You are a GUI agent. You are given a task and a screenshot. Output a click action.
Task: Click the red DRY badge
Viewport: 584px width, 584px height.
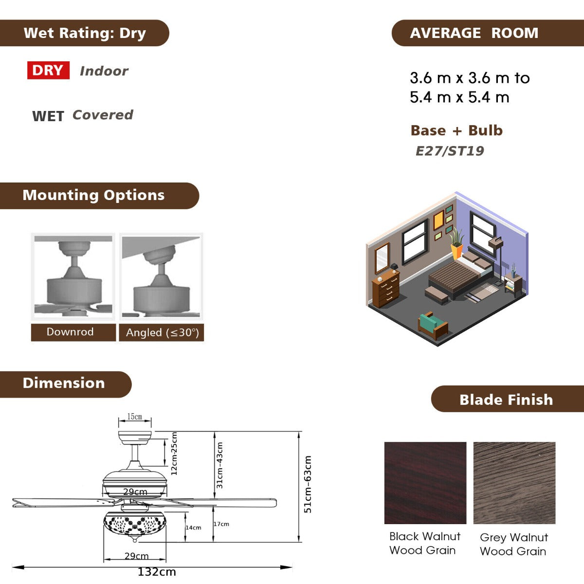[x=48, y=70]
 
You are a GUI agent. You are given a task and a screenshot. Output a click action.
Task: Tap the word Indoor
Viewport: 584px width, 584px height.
[x=104, y=71]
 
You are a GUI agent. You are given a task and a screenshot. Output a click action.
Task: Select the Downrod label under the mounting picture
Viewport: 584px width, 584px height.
[x=70, y=332]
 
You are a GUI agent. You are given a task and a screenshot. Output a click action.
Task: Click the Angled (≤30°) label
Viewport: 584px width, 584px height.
[x=163, y=332]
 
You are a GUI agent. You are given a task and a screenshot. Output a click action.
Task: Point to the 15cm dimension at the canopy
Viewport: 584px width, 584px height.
[x=134, y=417]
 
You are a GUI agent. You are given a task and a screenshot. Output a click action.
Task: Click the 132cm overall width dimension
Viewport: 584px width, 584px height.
[x=157, y=572]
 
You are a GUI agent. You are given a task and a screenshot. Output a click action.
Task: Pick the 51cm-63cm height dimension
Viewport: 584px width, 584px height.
[x=308, y=484]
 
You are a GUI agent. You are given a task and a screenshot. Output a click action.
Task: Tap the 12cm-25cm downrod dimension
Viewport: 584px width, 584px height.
[x=174, y=454]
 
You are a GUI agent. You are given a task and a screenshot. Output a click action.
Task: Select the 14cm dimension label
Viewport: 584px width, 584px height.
[x=193, y=528]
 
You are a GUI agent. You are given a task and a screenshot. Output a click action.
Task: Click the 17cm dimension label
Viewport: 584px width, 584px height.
[x=221, y=524]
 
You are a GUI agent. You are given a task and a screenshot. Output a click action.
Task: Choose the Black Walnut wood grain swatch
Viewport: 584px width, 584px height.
[x=425, y=483]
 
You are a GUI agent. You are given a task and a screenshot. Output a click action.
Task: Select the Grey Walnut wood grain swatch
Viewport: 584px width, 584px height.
[x=514, y=483]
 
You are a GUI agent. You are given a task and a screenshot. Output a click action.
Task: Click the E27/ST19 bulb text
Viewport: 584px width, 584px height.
[x=450, y=151]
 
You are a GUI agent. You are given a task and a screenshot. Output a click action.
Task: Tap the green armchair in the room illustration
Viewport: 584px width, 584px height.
[x=433, y=325]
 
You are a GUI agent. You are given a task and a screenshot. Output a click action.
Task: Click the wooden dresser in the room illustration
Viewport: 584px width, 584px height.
[x=386, y=288]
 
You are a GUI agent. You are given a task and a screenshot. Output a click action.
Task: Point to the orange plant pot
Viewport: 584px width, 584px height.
[x=456, y=251]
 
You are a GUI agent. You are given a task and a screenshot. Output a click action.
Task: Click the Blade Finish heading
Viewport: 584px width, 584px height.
[x=506, y=400]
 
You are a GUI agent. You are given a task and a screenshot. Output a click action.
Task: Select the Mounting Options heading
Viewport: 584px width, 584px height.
[x=93, y=195]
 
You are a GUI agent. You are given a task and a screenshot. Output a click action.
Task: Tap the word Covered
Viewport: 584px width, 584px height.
[x=103, y=115]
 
